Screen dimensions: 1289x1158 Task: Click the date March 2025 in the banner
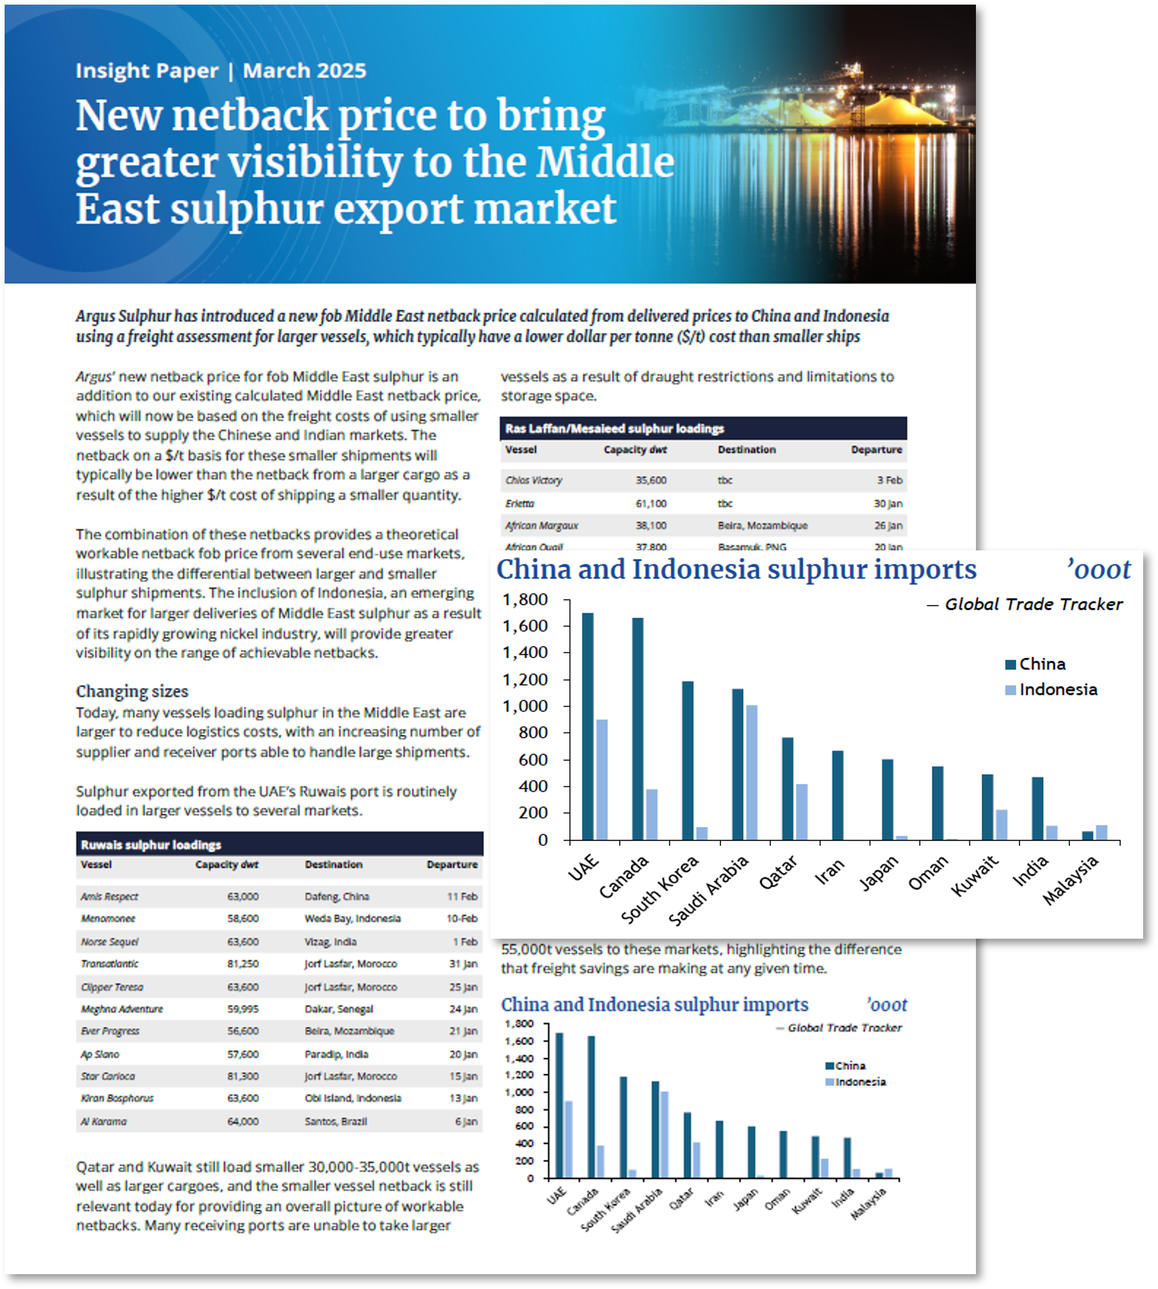[x=304, y=71]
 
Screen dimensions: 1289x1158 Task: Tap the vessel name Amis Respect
[x=109, y=897]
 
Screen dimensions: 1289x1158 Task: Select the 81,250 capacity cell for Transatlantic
[x=243, y=964]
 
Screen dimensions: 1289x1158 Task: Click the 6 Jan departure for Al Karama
[x=466, y=1122]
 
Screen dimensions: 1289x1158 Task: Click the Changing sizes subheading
[x=132, y=691]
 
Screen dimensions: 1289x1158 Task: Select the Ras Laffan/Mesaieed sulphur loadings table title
[x=614, y=429]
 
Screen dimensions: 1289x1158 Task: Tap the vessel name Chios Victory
[x=533, y=480]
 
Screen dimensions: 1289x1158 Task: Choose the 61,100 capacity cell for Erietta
[x=651, y=503]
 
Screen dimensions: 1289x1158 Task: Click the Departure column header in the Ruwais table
[x=452, y=865]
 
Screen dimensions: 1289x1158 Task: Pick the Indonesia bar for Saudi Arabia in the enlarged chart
[x=751, y=772]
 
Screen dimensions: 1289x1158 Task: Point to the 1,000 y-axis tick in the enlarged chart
[x=525, y=706]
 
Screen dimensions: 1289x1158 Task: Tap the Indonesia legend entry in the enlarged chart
[x=1057, y=690]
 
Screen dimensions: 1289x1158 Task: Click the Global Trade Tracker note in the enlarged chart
[x=1033, y=604]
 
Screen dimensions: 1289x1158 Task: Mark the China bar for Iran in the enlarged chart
[x=838, y=795]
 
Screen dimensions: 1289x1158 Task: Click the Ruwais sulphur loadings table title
[x=151, y=845]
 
